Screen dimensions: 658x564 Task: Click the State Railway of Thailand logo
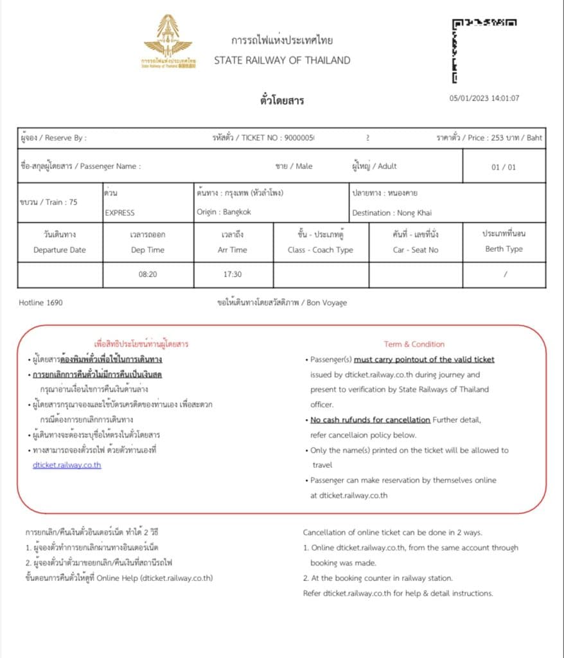pos(168,41)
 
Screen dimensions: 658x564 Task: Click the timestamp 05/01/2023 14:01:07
pos(484,98)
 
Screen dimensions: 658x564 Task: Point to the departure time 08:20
pos(148,274)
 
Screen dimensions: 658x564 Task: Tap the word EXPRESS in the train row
pos(119,212)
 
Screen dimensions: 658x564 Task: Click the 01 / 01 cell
pos(504,167)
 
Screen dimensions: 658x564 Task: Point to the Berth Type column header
pos(504,249)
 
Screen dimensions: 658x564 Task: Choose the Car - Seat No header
pos(416,250)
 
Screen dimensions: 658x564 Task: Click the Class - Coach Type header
pos(320,250)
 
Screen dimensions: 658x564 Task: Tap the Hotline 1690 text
pos(41,302)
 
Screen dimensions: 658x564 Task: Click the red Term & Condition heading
pos(414,344)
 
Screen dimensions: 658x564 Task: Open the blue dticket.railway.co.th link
pos(67,465)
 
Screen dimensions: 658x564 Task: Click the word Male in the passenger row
pos(304,166)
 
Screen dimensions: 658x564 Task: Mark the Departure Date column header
pos(59,250)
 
